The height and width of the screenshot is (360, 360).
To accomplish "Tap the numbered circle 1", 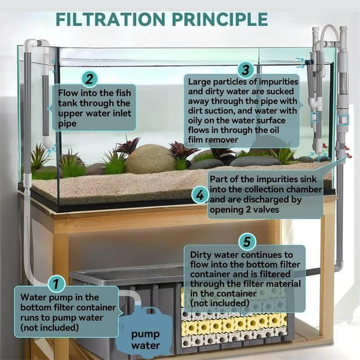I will pos(56,283).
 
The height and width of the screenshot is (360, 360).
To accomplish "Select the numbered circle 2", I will pos(90,78).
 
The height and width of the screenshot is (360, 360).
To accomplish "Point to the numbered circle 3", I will pos(245,70).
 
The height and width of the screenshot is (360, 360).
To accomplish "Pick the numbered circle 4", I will pos(200,196).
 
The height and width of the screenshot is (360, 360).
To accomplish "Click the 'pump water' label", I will pos(145,339).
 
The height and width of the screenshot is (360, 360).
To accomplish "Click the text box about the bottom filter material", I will pos(245,278).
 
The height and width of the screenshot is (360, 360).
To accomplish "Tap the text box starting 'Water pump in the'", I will pos(66,311).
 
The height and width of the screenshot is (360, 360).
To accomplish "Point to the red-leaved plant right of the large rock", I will pos(183,150).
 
